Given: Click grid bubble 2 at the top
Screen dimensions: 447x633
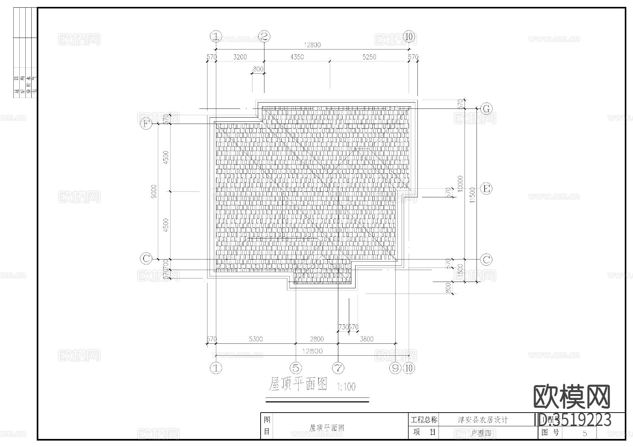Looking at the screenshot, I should point(264,36).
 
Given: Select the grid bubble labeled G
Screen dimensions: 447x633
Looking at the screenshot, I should point(486,109).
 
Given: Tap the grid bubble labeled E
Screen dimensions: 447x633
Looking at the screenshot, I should point(486,189).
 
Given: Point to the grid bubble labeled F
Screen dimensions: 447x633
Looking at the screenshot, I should point(146,124).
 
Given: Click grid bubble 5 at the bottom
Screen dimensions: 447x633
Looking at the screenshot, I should point(296,368).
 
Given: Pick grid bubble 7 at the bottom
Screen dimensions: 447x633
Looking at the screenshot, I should point(338,368).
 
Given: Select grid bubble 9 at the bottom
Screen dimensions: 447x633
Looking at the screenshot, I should point(396,368).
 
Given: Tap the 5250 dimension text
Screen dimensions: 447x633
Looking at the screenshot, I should point(369,57).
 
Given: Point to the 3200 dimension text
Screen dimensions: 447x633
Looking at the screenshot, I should point(240,57).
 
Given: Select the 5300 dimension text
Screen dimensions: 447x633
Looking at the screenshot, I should point(256,339).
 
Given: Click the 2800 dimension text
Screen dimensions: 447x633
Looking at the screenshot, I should point(317,339).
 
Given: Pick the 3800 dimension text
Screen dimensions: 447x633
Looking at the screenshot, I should point(366,339).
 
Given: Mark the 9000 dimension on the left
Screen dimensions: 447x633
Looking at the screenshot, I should point(154,191).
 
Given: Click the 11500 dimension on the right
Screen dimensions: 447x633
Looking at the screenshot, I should point(472,195).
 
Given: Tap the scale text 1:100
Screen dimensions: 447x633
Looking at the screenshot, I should point(346,387).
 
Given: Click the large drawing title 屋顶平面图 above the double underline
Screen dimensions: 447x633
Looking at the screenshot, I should point(298,384).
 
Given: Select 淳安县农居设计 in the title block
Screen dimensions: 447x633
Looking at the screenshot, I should point(482,420).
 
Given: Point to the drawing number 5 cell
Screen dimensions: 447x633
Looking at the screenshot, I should point(584,433).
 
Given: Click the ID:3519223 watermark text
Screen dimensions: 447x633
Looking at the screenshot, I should point(572,420).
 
